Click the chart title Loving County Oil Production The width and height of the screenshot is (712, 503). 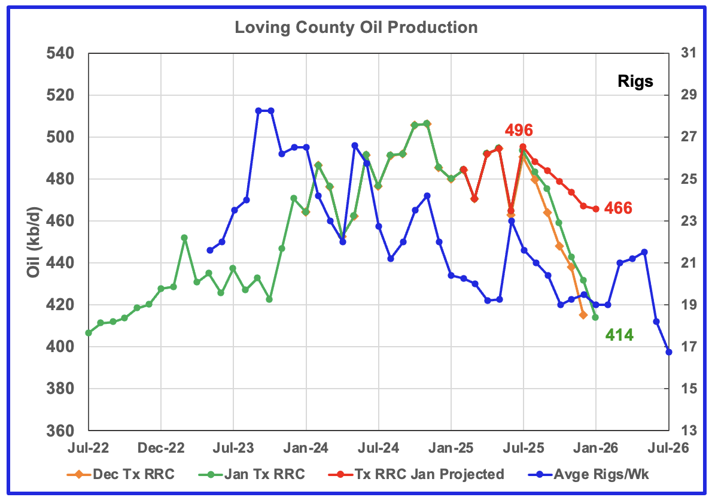[356, 28]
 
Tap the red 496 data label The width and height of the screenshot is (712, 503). [518, 130]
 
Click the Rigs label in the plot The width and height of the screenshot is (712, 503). [635, 81]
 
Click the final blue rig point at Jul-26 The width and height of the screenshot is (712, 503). [669, 352]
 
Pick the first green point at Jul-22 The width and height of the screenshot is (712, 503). [89, 332]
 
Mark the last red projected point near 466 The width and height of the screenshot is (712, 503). [596, 209]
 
